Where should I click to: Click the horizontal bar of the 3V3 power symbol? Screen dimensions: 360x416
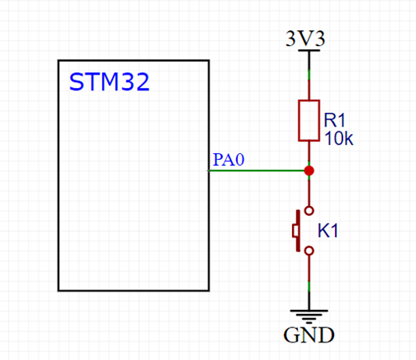click(x=309, y=51)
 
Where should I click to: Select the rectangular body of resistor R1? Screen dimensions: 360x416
click(x=309, y=120)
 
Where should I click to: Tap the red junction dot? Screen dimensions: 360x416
click(x=309, y=171)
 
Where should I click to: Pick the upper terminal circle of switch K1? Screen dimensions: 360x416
click(x=309, y=210)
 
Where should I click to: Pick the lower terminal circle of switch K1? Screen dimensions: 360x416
click(x=309, y=249)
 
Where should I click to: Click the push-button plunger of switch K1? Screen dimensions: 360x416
click(x=295, y=230)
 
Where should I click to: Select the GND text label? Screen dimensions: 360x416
click(x=309, y=337)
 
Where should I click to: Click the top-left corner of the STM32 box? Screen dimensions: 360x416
click(x=59, y=60)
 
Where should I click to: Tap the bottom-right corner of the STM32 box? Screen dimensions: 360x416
click(x=208, y=290)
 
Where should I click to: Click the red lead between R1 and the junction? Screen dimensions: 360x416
click(x=309, y=153)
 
